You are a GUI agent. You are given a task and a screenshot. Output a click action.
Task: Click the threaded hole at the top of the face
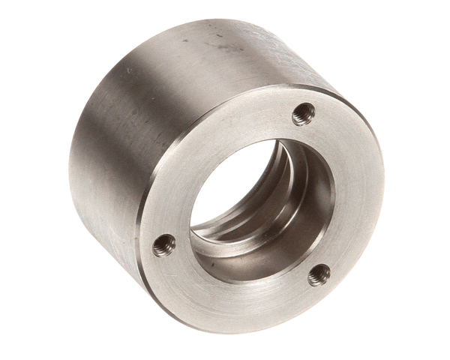303,114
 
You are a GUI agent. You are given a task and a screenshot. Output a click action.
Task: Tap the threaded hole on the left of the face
163,244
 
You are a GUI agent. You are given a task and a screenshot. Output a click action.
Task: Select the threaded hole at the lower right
319,274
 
